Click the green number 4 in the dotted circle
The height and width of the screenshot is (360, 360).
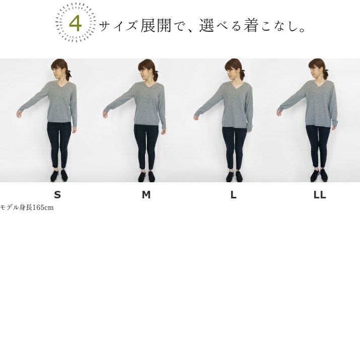(x=76, y=24)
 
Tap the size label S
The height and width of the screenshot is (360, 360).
(x=57, y=195)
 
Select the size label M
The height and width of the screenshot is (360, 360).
(x=146, y=195)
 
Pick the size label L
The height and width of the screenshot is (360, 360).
(x=233, y=195)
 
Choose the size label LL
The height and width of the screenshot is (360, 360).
(x=320, y=195)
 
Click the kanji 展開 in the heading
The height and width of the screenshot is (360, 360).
(x=156, y=25)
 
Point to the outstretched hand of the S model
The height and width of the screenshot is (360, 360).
(x=19, y=114)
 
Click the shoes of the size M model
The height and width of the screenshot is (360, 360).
(x=147, y=176)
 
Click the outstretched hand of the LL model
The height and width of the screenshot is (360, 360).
(x=279, y=112)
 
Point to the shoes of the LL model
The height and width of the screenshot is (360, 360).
(x=319, y=176)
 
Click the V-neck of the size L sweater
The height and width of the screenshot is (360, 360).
(x=234, y=86)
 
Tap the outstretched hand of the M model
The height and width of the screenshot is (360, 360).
(x=106, y=114)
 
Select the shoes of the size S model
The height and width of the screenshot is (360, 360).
(x=59, y=176)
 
